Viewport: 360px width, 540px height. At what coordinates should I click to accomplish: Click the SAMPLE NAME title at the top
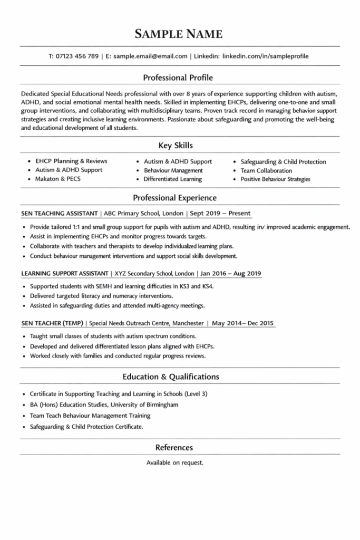[x=179, y=35]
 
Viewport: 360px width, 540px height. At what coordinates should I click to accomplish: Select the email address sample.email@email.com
[x=150, y=56]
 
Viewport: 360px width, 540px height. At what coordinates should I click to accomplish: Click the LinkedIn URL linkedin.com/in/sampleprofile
[x=266, y=56]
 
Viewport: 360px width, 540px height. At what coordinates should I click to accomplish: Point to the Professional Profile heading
[x=180, y=78]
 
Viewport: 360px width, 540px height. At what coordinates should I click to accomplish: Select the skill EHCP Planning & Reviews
[x=71, y=161]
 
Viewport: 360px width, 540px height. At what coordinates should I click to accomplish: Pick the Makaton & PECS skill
[x=58, y=179]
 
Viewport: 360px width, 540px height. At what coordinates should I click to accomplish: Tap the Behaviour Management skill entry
[x=173, y=170]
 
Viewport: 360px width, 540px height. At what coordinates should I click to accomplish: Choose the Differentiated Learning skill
[x=172, y=179]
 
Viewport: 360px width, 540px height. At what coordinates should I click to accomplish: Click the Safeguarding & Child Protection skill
[x=283, y=161]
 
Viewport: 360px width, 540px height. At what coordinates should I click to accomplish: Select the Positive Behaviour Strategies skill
[x=275, y=179]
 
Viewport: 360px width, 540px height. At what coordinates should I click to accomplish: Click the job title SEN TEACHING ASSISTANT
[x=60, y=214]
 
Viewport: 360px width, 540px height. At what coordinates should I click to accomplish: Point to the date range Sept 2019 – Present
[x=221, y=214]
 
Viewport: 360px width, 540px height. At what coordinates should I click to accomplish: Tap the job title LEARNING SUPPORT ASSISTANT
[x=64, y=274]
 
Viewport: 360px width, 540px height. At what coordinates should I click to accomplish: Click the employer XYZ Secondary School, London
[x=153, y=274]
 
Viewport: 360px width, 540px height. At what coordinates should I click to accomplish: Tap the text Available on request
[x=174, y=462]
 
